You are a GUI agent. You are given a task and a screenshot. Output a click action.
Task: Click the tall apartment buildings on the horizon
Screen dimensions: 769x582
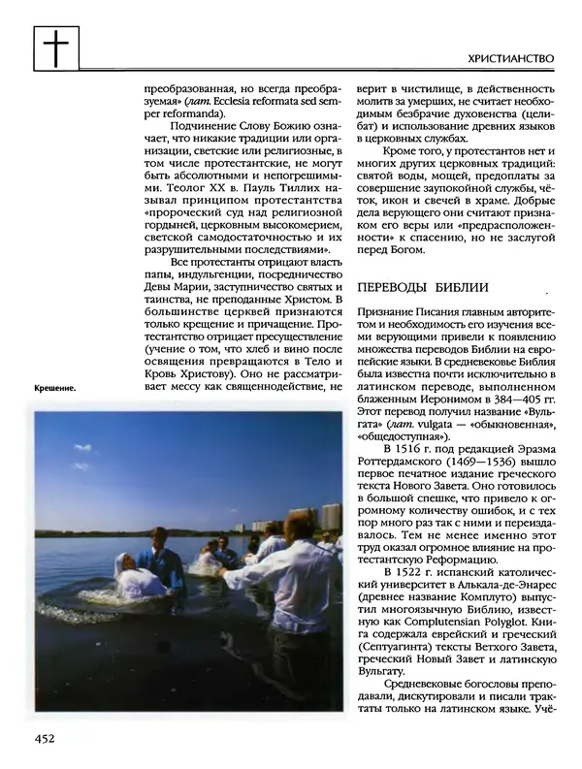pyautogui.click(x=329, y=517)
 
